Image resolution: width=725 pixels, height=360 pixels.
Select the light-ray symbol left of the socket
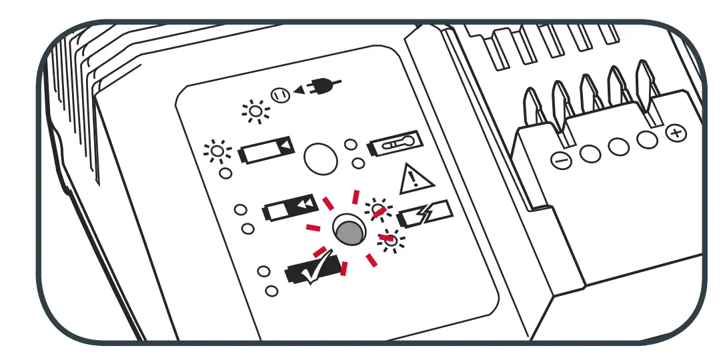coord(255,111)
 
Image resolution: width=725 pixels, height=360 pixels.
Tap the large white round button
coord(319,158)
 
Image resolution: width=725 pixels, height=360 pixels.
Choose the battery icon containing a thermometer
coord(394,145)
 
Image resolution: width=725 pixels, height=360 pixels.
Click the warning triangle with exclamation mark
coord(416,179)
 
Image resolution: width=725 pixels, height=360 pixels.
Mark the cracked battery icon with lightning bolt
coord(424,215)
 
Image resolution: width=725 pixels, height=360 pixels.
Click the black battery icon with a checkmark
coord(312,272)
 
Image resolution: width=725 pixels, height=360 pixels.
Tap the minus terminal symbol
coord(562,160)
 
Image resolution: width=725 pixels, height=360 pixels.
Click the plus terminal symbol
coord(676,133)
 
